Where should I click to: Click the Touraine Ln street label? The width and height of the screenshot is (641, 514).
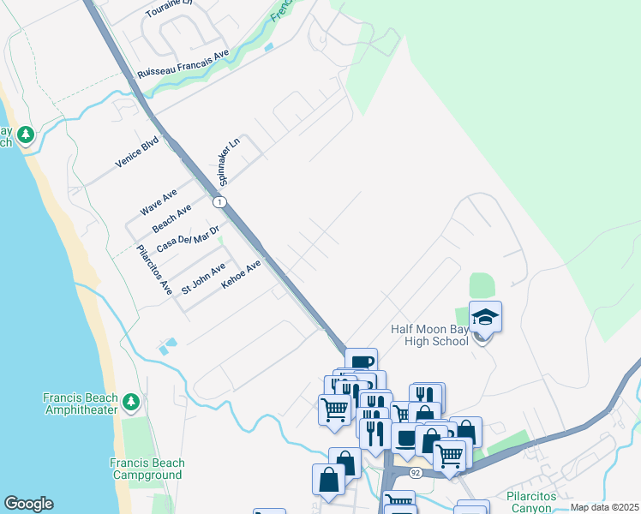tap(171, 4)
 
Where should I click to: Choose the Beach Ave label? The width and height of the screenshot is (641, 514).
tap(171, 219)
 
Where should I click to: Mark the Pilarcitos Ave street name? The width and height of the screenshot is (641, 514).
tap(155, 271)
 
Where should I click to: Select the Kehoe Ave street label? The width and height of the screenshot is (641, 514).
tap(241, 276)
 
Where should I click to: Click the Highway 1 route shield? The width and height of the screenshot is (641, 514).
tap(220, 201)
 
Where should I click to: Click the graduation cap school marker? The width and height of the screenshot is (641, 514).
tap(485, 318)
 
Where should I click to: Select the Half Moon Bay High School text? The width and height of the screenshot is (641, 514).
tap(430, 335)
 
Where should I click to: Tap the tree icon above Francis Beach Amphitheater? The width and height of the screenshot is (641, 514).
tap(130, 401)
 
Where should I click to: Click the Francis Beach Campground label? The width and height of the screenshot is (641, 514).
tap(147, 469)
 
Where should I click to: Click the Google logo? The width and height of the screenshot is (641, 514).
tap(28, 504)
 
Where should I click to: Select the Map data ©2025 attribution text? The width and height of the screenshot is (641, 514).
tap(603, 507)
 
